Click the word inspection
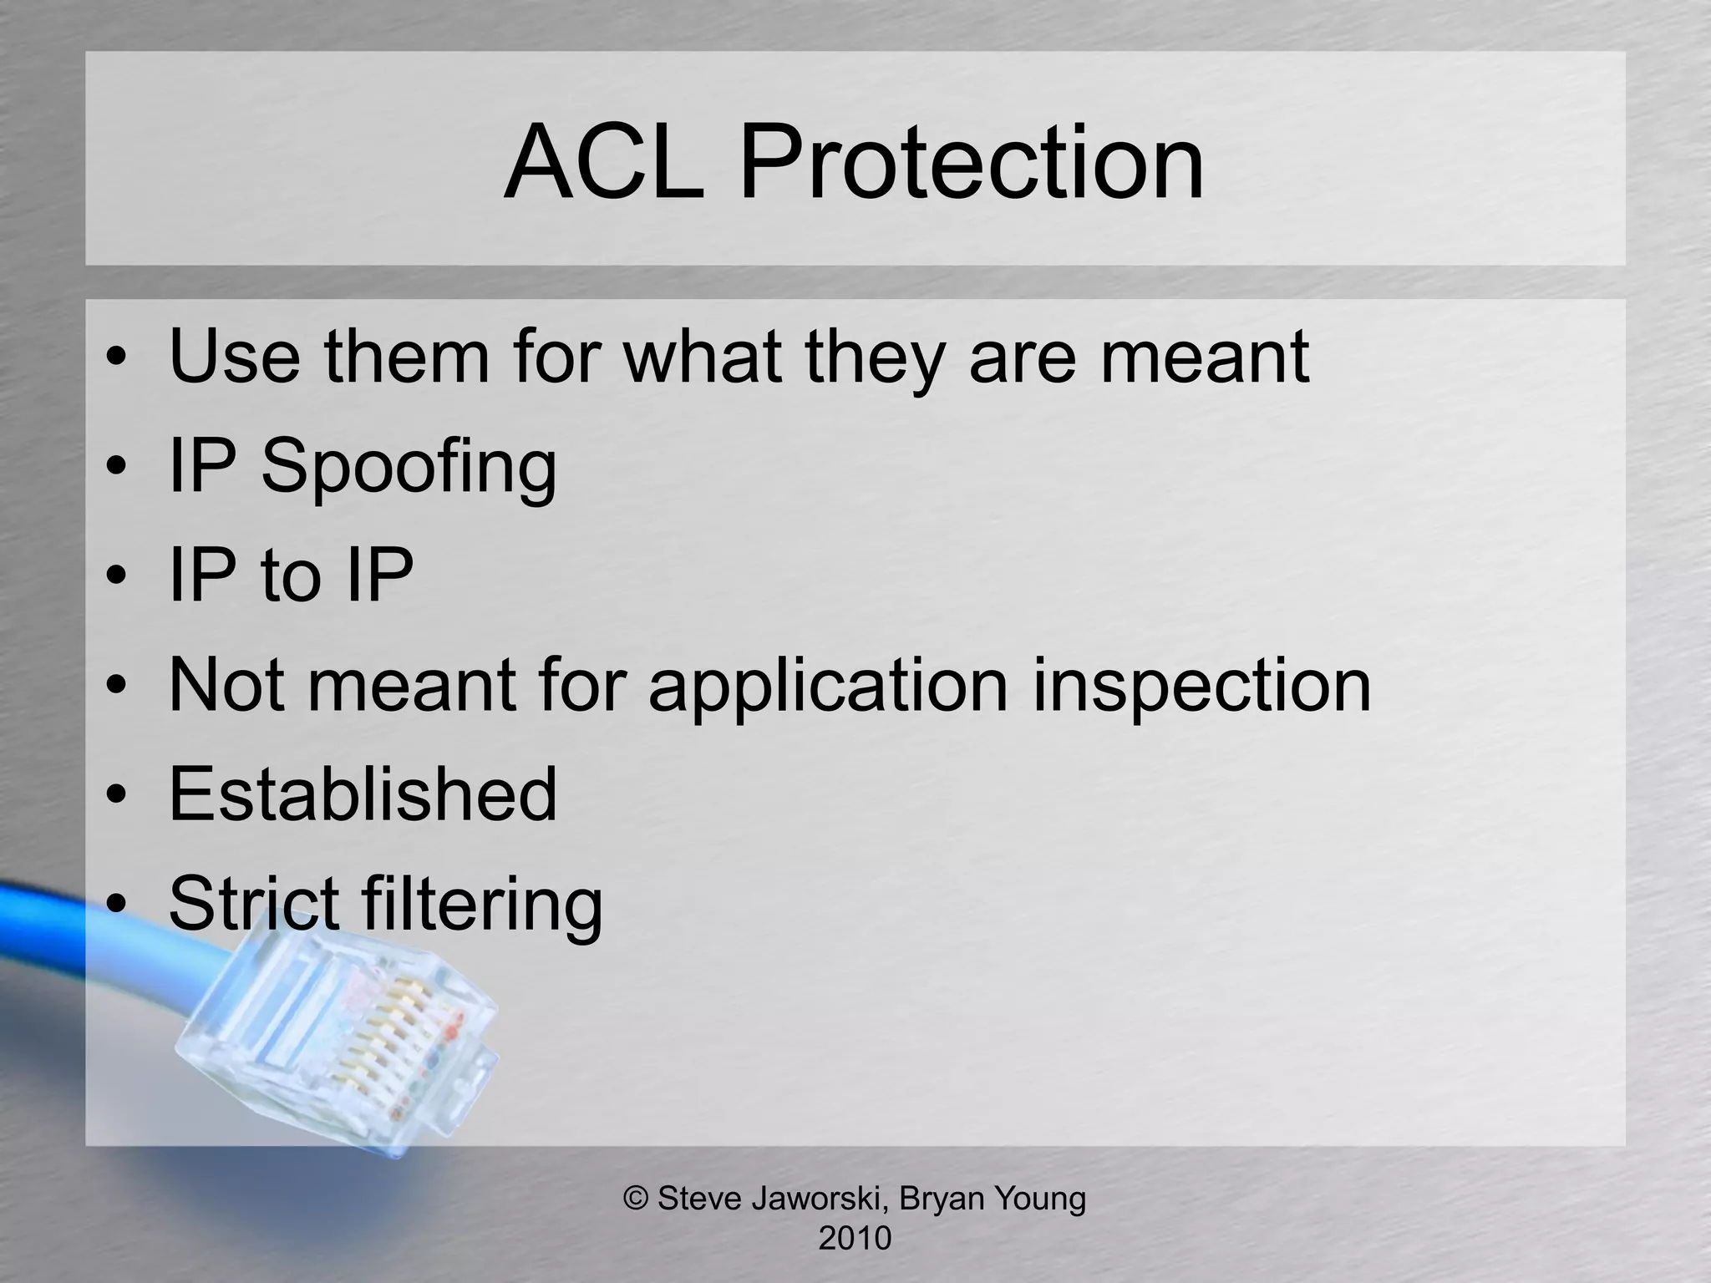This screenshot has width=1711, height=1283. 1201,685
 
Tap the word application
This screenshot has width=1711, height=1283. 828,685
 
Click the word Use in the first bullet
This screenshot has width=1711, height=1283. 234,357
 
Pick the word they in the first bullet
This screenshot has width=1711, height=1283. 874,357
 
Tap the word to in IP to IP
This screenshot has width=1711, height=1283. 291,576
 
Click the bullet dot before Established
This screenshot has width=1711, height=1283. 117,794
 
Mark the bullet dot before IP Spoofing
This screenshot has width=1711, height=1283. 117,467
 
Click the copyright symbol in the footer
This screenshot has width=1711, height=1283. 637,1199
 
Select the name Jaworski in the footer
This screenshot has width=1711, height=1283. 818,1199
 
